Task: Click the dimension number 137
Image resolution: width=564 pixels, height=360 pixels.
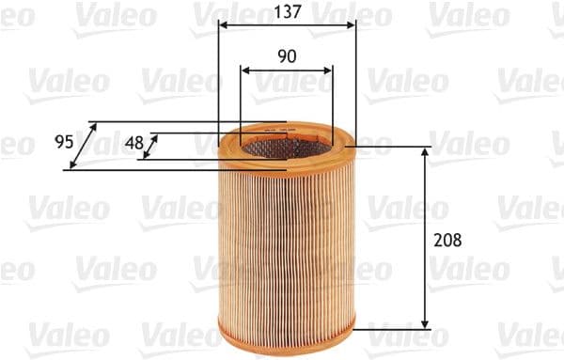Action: click(x=288, y=12)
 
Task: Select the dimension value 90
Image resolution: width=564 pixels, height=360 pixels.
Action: click(x=288, y=56)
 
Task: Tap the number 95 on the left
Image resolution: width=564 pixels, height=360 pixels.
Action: click(x=64, y=143)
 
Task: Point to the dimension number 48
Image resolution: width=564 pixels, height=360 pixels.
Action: click(x=134, y=144)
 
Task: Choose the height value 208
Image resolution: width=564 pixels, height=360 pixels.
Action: click(x=448, y=240)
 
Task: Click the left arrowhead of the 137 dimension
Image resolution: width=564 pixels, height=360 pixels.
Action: click(x=222, y=26)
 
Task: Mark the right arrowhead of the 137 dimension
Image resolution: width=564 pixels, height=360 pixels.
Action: click(x=353, y=26)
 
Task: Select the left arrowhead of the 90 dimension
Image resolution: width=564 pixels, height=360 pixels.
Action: click(x=245, y=70)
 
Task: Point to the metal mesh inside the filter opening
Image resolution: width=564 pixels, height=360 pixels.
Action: click(x=287, y=146)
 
